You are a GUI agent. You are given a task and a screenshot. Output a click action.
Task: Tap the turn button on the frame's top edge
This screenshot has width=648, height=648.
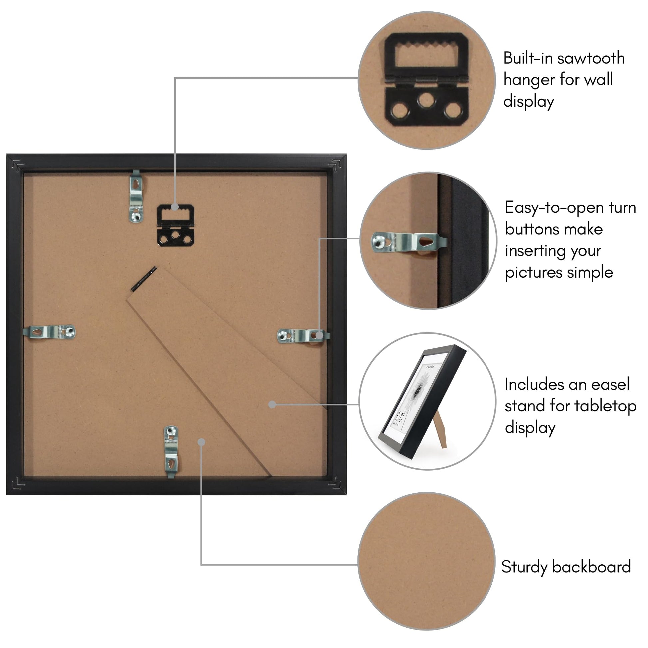(136, 196)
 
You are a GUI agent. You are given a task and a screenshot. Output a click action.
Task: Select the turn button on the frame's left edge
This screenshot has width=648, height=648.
(49, 332)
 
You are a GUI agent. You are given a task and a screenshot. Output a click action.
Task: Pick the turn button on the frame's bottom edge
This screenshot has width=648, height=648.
(171, 452)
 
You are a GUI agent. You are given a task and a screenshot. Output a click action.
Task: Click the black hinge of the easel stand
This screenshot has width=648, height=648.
(144, 279)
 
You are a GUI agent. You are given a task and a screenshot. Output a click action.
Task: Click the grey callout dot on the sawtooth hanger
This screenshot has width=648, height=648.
(175, 207)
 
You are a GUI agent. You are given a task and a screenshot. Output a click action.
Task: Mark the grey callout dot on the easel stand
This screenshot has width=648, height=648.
(272, 405)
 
